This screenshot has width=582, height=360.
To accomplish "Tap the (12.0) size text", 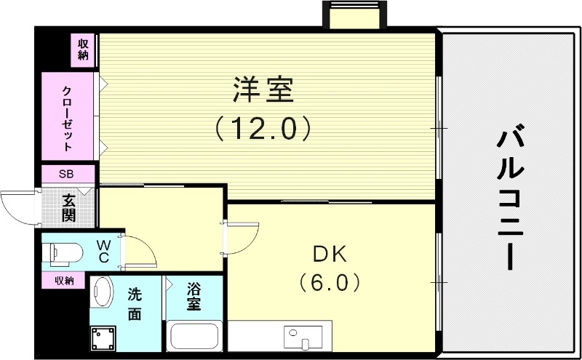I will click(263, 129).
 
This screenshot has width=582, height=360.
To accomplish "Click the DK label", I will click(330, 255).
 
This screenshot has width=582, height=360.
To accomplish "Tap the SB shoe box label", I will click(67, 175).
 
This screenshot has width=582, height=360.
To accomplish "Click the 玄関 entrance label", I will click(69, 206).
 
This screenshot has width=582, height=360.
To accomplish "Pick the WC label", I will click(103, 252).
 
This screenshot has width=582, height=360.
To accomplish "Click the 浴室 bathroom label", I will click(194, 295).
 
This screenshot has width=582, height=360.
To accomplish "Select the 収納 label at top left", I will click(84, 49).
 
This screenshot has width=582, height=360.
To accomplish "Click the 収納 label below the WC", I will click(64, 280).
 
